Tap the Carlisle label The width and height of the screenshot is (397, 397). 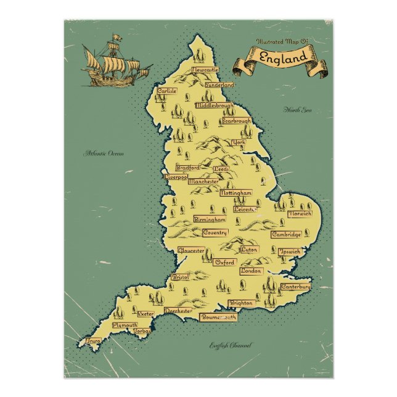tap(166, 91)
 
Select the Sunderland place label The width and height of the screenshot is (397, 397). tap(221, 84)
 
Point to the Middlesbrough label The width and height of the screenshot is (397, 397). tap(215, 105)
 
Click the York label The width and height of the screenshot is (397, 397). tap(239, 142)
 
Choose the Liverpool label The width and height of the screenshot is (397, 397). tap(176, 177)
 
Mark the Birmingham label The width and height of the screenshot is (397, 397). tap(210, 219)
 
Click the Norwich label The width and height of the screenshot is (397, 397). tap(300, 213)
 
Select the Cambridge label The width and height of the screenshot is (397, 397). tap(287, 235)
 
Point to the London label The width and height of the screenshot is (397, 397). tap(252, 271)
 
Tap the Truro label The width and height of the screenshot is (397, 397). tap(94, 340)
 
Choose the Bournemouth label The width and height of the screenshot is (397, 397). tap(219, 317)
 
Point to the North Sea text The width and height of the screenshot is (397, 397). tap(298, 110)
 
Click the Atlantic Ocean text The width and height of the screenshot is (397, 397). tap(104, 153)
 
